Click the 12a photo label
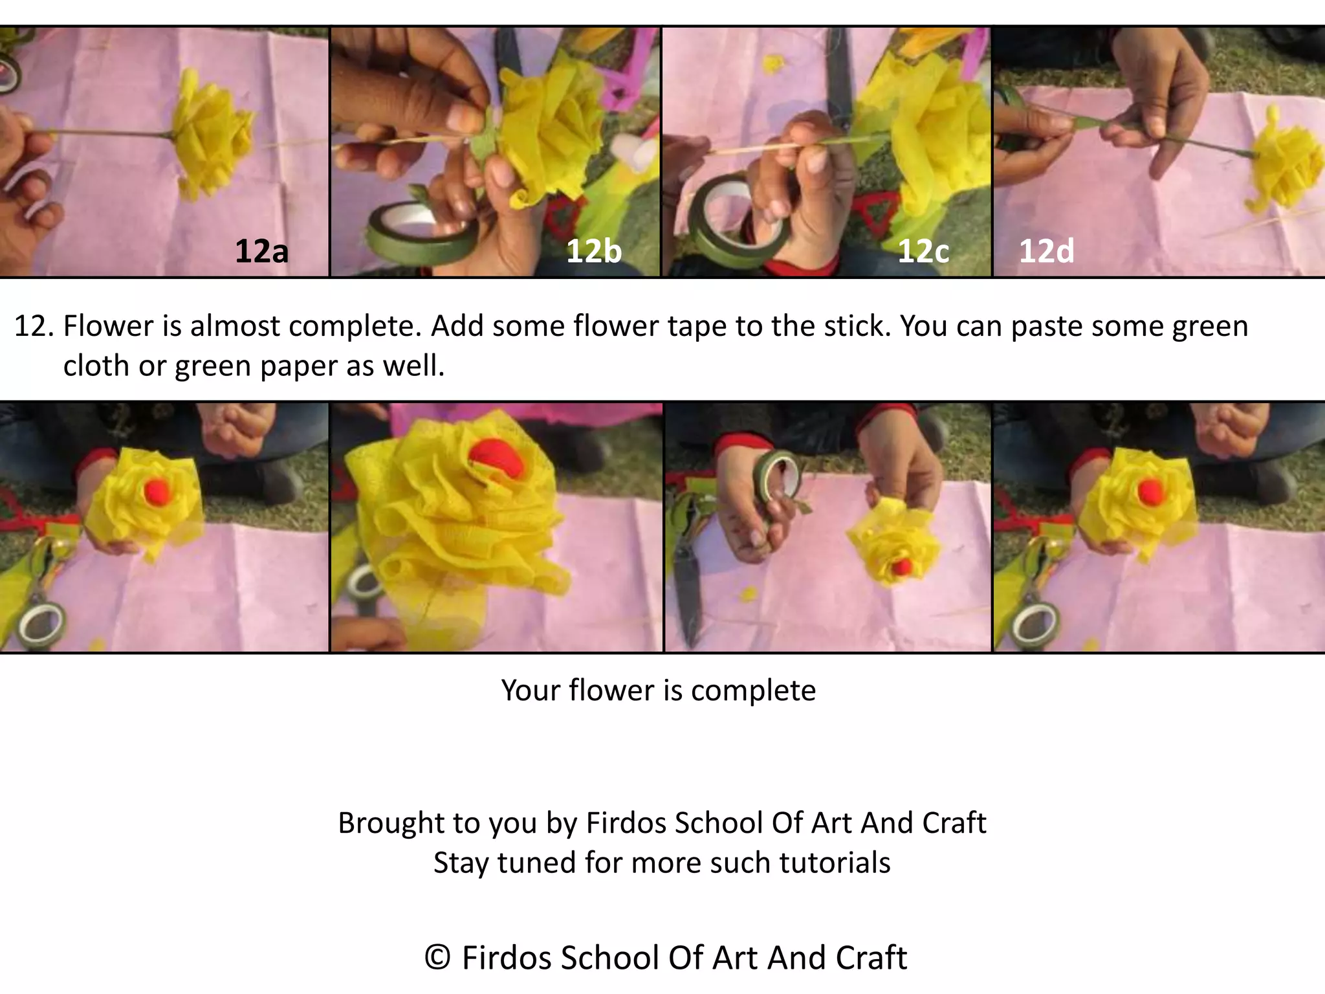(x=261, y=251)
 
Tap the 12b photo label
(x=593, y=251)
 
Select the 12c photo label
(x=923, y=251)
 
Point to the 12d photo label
(x=1046, y=251)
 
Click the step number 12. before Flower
(x=34, y=326)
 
